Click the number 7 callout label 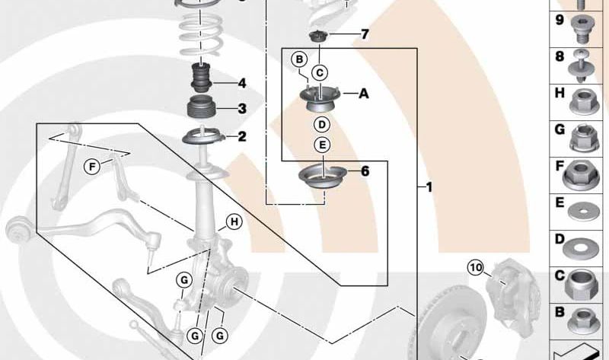click(365, 34)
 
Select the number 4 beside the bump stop click(242, 83)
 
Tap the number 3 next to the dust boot click(242, 108)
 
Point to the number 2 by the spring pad click(242, 136)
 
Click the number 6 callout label click(365, 171)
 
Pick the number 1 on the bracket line click(429, 187)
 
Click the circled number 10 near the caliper click(476, 268)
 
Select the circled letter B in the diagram click(299, 59)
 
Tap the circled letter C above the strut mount click(320, 72)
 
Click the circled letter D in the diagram click(322, 125)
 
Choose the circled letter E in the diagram click(322, 145)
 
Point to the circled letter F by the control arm click(92, 167)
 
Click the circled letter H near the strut click(234, 221)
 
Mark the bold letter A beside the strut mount click(364, 93)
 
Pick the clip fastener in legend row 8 click(581, 66)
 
